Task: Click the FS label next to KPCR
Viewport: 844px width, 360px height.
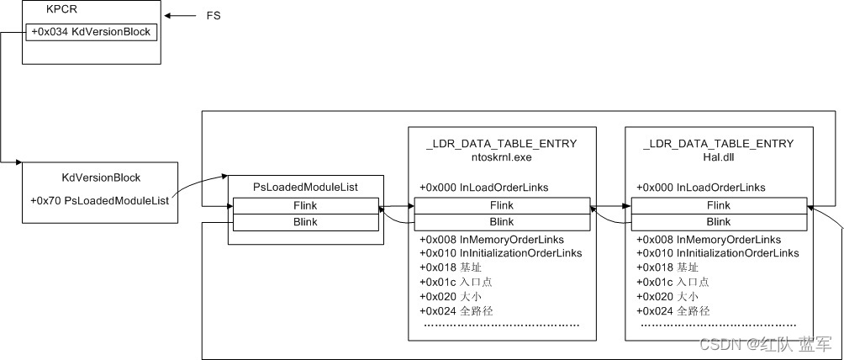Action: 213,16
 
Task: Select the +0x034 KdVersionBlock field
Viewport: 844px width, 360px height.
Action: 91,32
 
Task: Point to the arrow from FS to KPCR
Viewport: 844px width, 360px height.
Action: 180,16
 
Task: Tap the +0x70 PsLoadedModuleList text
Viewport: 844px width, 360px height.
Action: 99,201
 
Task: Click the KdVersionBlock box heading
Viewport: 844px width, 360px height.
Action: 101,178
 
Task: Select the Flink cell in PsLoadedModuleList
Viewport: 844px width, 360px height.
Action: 306,206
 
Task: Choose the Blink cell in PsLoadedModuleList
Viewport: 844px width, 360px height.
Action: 306,221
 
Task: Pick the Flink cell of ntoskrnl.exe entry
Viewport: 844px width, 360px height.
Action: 502,206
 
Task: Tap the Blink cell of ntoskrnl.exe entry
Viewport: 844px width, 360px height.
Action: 502,221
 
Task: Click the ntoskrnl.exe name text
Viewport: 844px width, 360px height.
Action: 502,156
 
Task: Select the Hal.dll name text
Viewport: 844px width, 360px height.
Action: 719,156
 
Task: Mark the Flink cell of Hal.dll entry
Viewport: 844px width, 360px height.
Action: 719,206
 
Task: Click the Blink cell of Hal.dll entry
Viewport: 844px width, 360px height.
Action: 719,221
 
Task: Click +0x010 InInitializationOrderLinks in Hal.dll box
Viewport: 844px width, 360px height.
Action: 717,253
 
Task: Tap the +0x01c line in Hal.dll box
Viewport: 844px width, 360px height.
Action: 673,282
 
